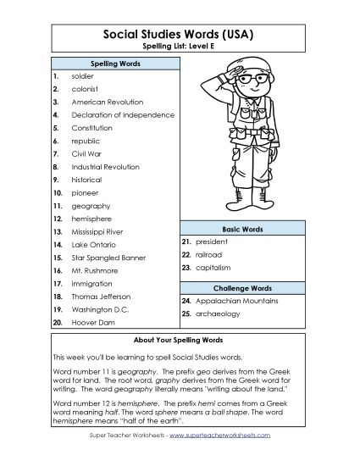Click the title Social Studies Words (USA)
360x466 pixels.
click(180, 34)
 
